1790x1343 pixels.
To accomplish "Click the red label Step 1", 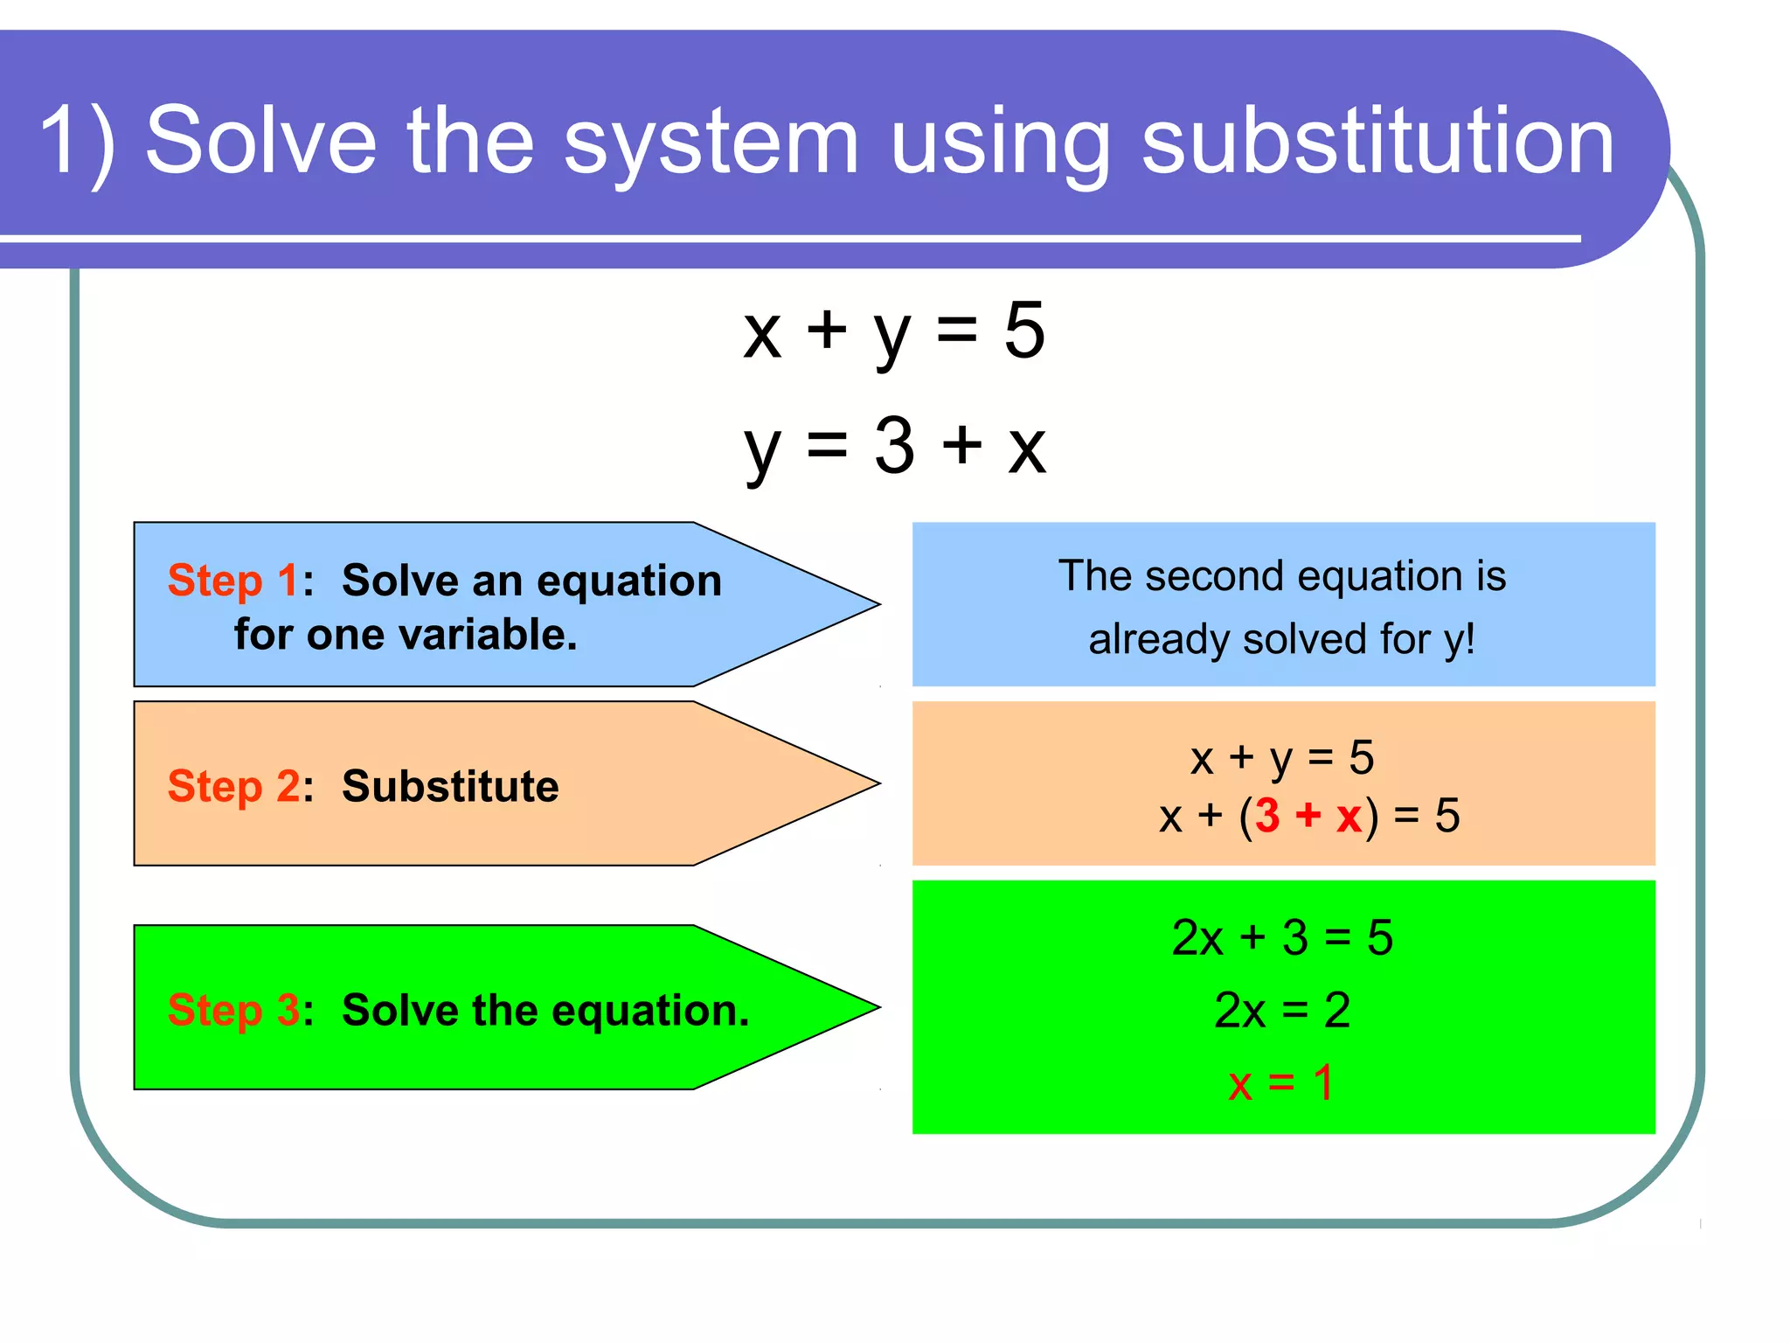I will click(x=232, y=581).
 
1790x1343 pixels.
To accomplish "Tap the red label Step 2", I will click(x=232, y=786).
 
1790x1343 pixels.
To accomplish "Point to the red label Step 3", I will click(x=232, y=1010).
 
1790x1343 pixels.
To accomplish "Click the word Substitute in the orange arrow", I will click(x=450, y=786).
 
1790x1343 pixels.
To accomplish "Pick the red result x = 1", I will click(x=1280, y=1083).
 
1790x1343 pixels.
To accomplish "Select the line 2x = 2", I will click(x=1282, y=1011).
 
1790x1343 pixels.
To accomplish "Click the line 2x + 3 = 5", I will click(x=1282, y=938).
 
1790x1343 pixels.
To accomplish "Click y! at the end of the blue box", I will click(x=1459, y=639).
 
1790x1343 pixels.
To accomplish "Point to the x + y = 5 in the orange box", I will click(x=1282, y=757).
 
